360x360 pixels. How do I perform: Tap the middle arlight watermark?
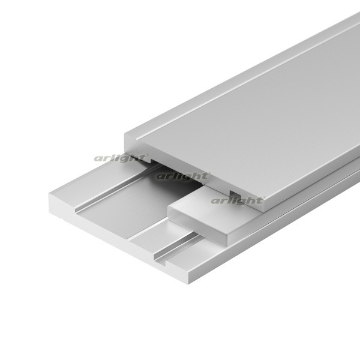pyautogui.click(x=183, y=176)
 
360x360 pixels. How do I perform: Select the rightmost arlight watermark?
pyautogui.click(x=238, y=200)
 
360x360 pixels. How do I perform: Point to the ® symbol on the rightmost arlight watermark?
pyautogui.click(x=264, y=197)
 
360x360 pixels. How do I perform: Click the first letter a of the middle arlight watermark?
pyautogui.click(x=160, y=177)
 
